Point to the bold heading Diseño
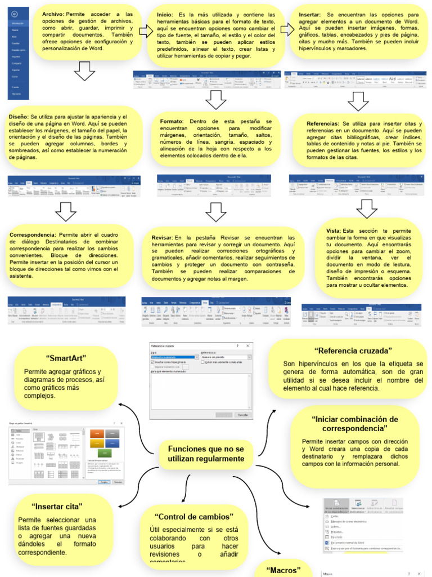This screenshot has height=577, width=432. tap(19, 117)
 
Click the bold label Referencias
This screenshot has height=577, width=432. tap(323, 123)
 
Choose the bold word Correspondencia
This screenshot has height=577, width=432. tap(33, 235)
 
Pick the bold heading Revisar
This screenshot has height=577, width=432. tap(162, 238)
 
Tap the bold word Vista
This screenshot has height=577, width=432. tap(333, 231)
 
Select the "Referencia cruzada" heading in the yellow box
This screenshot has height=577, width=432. tap(353, 350)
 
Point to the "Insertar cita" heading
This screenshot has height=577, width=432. tap(57, 506)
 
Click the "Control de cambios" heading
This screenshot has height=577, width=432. tap(193, 517)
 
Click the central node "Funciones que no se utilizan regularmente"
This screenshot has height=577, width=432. tap(206, 454)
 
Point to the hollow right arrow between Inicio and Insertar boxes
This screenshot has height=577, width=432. tap(287, 30)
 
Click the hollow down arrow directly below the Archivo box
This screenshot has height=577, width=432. tap(84, 72)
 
